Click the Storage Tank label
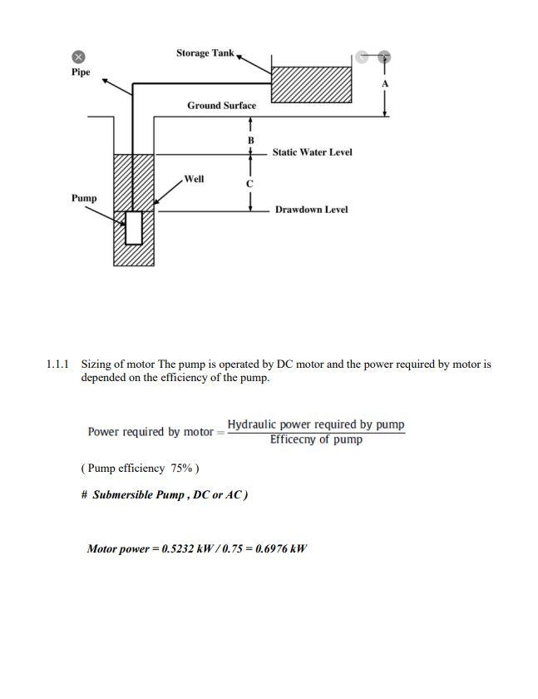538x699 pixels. click(x=205, y=53)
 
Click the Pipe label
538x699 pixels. click(x=81, y=72)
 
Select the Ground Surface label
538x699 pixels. click(x=221, y=106)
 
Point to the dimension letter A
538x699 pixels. click(x=385, y=84)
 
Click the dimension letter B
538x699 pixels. click(x=249, y=141)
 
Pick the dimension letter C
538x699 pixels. click(x=249, y=183)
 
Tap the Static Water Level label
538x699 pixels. click(x=312, y=152)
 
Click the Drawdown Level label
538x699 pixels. click(x=311, y=210)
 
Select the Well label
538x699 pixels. click(x=195, y=179)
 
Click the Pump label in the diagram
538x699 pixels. click(x=84, y=198)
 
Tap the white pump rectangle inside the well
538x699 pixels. click(x=134, y=227)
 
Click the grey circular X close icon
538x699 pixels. click(x=78, y=57)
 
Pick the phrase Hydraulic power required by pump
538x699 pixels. click(x=316, y=424)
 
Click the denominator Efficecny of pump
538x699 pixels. click(x=316, y=439)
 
